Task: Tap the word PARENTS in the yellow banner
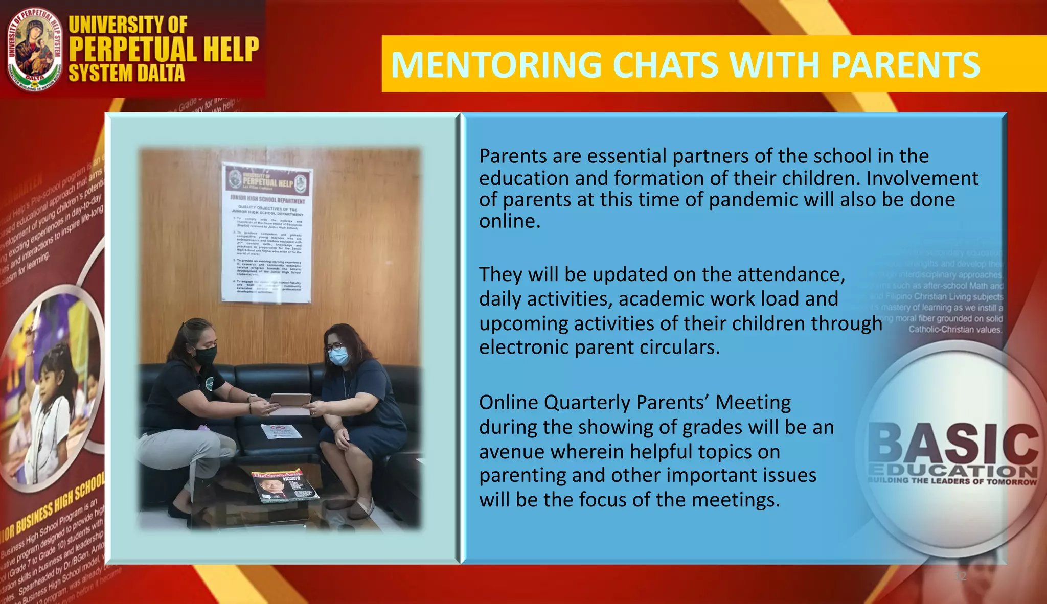click(x=905, y=65)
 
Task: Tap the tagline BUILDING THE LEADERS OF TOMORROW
click(x=952, y=481)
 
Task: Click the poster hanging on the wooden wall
click(x=267, y=233)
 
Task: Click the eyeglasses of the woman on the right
click(x=335, y=346)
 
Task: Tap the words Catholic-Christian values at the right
click(x=955, y=330)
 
